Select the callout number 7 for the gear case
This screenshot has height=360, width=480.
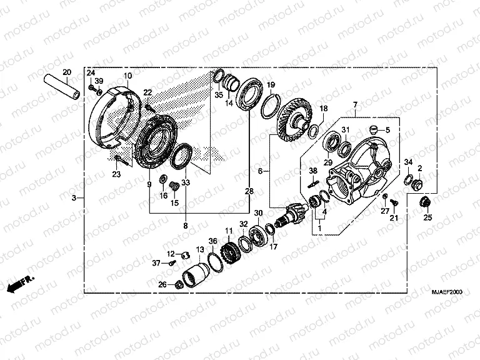[x=354, y=104]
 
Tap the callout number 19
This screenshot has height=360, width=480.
[x=271, y=85]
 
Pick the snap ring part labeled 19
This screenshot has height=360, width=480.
[x=269, y=104]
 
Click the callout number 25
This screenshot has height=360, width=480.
[x=427, y=217]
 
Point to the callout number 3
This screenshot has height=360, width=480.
[x=74, y=198]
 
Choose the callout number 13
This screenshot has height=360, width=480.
[x=200, y=249]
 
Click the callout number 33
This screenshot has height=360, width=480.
[x=186, y=183]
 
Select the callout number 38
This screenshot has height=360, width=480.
[x=313, y=171]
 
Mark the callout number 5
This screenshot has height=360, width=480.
[x=387, y=130]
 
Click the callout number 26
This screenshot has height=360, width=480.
[x=162, y=285]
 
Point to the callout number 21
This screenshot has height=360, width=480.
[x=394, y=217]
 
